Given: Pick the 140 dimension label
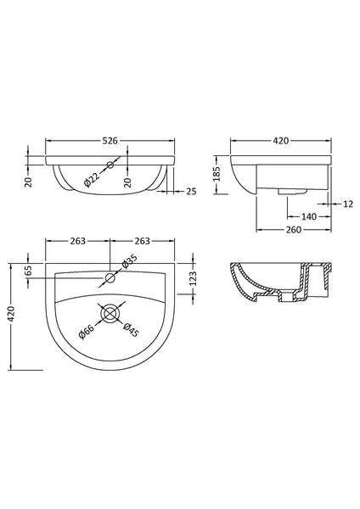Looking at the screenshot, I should coord(284,218).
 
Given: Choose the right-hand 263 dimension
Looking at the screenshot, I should coord(141,242).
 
